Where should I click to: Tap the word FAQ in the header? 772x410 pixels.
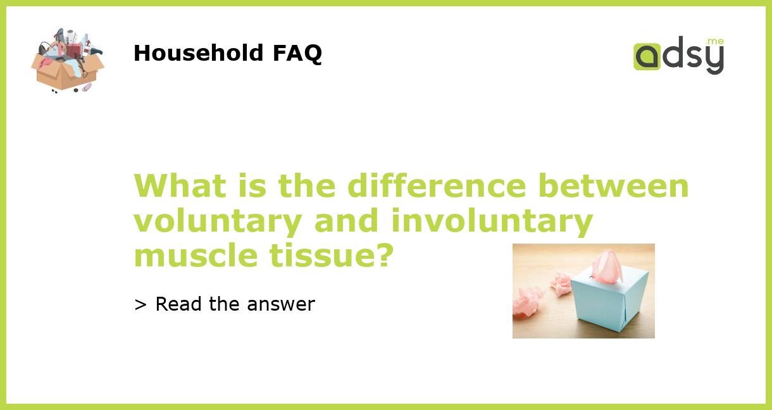click(x=297, y=53)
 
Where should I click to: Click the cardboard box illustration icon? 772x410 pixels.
click(x=67, y=61)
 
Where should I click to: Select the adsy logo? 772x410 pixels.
click(x=678, y=56)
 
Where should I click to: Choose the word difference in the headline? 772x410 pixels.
click(x=436, y=186)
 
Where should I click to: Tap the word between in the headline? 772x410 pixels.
click(x=613, y=186)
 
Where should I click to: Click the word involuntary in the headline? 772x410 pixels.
click(x=492, y=221)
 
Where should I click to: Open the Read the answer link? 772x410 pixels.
click(x=225, y=304)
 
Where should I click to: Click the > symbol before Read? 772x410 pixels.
click(x=140, y=305)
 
